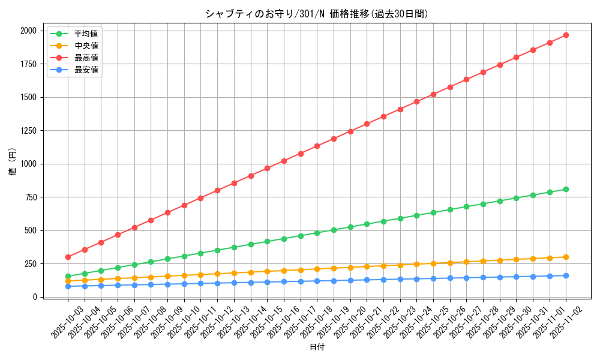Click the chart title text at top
[x=317, y=14]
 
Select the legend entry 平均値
[x=86, y=34]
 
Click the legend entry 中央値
[x=86, y=46]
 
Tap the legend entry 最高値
[x=86, y=58]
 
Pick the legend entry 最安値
[x=86, y=70]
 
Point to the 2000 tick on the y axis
[x=28, y=31]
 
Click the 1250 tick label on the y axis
[x=28, y=131]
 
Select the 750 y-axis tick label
[x=30, y=197]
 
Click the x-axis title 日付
[x=317, y=347]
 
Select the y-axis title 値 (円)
[x=13, y=163]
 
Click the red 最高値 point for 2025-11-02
[x=566, y=35]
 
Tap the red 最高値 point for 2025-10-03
[x=68, y=257]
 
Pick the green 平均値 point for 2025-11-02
[x=566, y=189]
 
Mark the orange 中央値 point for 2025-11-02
[x=566, y=257]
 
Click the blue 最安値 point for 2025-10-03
[x=68, y=286]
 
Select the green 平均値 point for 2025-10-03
[x=68, y=277]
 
